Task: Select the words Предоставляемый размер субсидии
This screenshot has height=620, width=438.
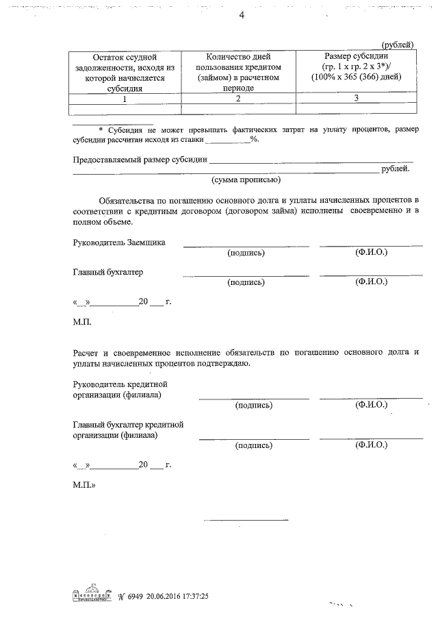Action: point(140,160)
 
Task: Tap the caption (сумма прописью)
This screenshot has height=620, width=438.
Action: point(246,180)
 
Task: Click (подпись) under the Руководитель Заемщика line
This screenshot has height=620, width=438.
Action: point(246,253)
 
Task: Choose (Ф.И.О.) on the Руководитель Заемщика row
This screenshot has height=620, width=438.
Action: point(371,252)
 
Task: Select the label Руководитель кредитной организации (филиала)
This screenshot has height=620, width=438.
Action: point(120,390)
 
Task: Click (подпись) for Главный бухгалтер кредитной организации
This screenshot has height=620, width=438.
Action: point(254,445)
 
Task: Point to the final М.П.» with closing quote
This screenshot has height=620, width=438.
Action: point(85,484)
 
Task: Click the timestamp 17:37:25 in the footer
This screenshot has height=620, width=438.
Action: point(191,596)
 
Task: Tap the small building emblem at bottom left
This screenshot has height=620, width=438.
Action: point(90,595)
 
